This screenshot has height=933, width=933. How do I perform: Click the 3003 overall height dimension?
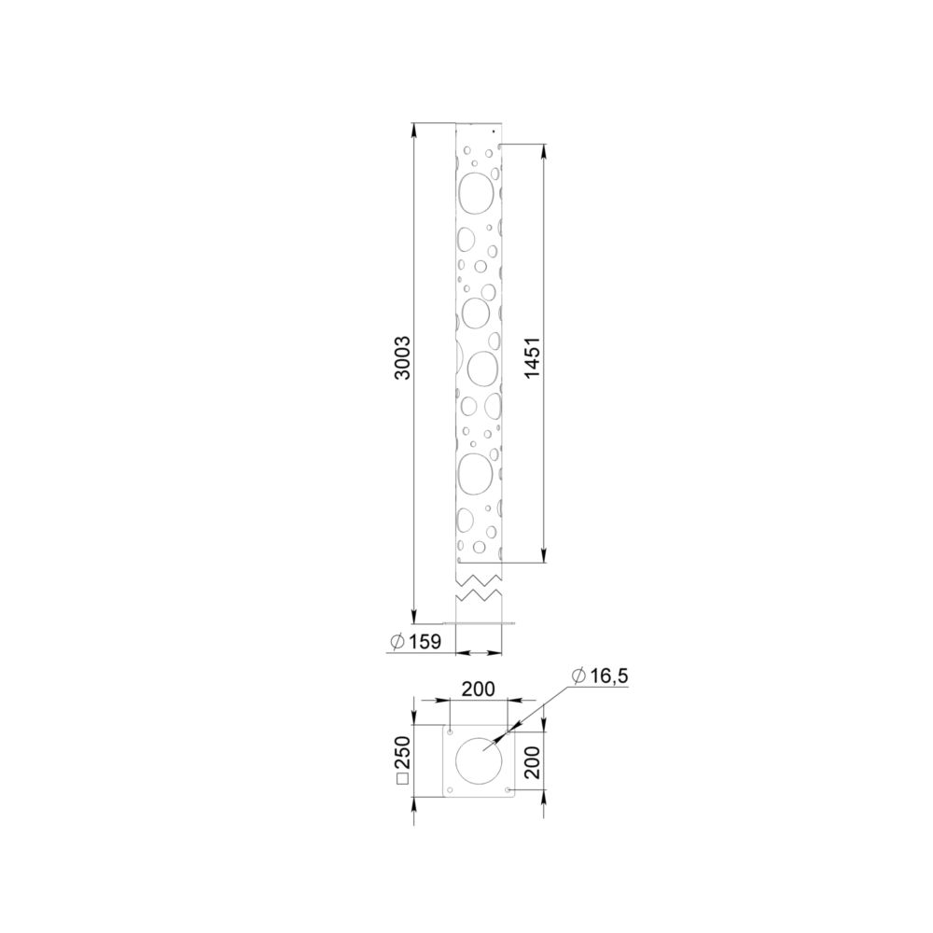[x=403, y=358]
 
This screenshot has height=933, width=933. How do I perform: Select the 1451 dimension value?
[x=533, y=357]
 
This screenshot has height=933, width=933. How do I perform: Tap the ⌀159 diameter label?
[x=415, y=642]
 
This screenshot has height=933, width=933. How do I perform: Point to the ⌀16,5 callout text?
[x=599, y=675]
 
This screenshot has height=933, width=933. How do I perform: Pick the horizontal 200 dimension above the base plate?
[x=479, y=689]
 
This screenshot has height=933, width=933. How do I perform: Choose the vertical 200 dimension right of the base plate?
[x=533, y=762]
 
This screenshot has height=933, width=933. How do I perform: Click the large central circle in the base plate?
[x=455, y=761]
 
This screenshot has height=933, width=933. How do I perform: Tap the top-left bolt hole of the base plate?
[x=451, y=731]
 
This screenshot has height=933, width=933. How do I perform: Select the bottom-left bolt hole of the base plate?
[x=450, y=790]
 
